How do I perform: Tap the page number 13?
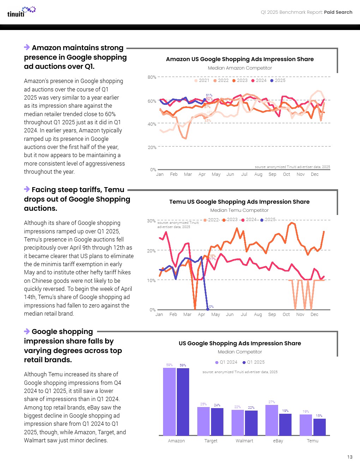[x=349, y=457]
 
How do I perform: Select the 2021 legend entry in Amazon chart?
[x=202, y=80]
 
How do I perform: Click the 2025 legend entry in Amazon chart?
[x=278, y=80]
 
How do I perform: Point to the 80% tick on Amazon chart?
[x=152, y=77]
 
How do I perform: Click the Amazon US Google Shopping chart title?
[x=240, y=59]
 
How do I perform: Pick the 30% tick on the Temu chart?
[x=151, y=221]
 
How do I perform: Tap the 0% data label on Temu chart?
[x=211, y=306]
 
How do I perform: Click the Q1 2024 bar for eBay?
[x=272, y=420]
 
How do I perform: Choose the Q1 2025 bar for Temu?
[x=319, y=427]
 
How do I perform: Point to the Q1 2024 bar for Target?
[x=203, y=421]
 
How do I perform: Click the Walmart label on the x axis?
[x=244, y=441]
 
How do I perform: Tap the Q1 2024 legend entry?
[x=226, y=362]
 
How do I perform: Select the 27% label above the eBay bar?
[x=271, y=402]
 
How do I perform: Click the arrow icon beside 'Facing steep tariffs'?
[x=27, y=189]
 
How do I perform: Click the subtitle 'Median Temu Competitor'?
[x=239, y=210]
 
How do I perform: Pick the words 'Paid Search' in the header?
[x=338, y=12]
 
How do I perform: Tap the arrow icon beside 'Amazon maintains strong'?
[x=27, y=47]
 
